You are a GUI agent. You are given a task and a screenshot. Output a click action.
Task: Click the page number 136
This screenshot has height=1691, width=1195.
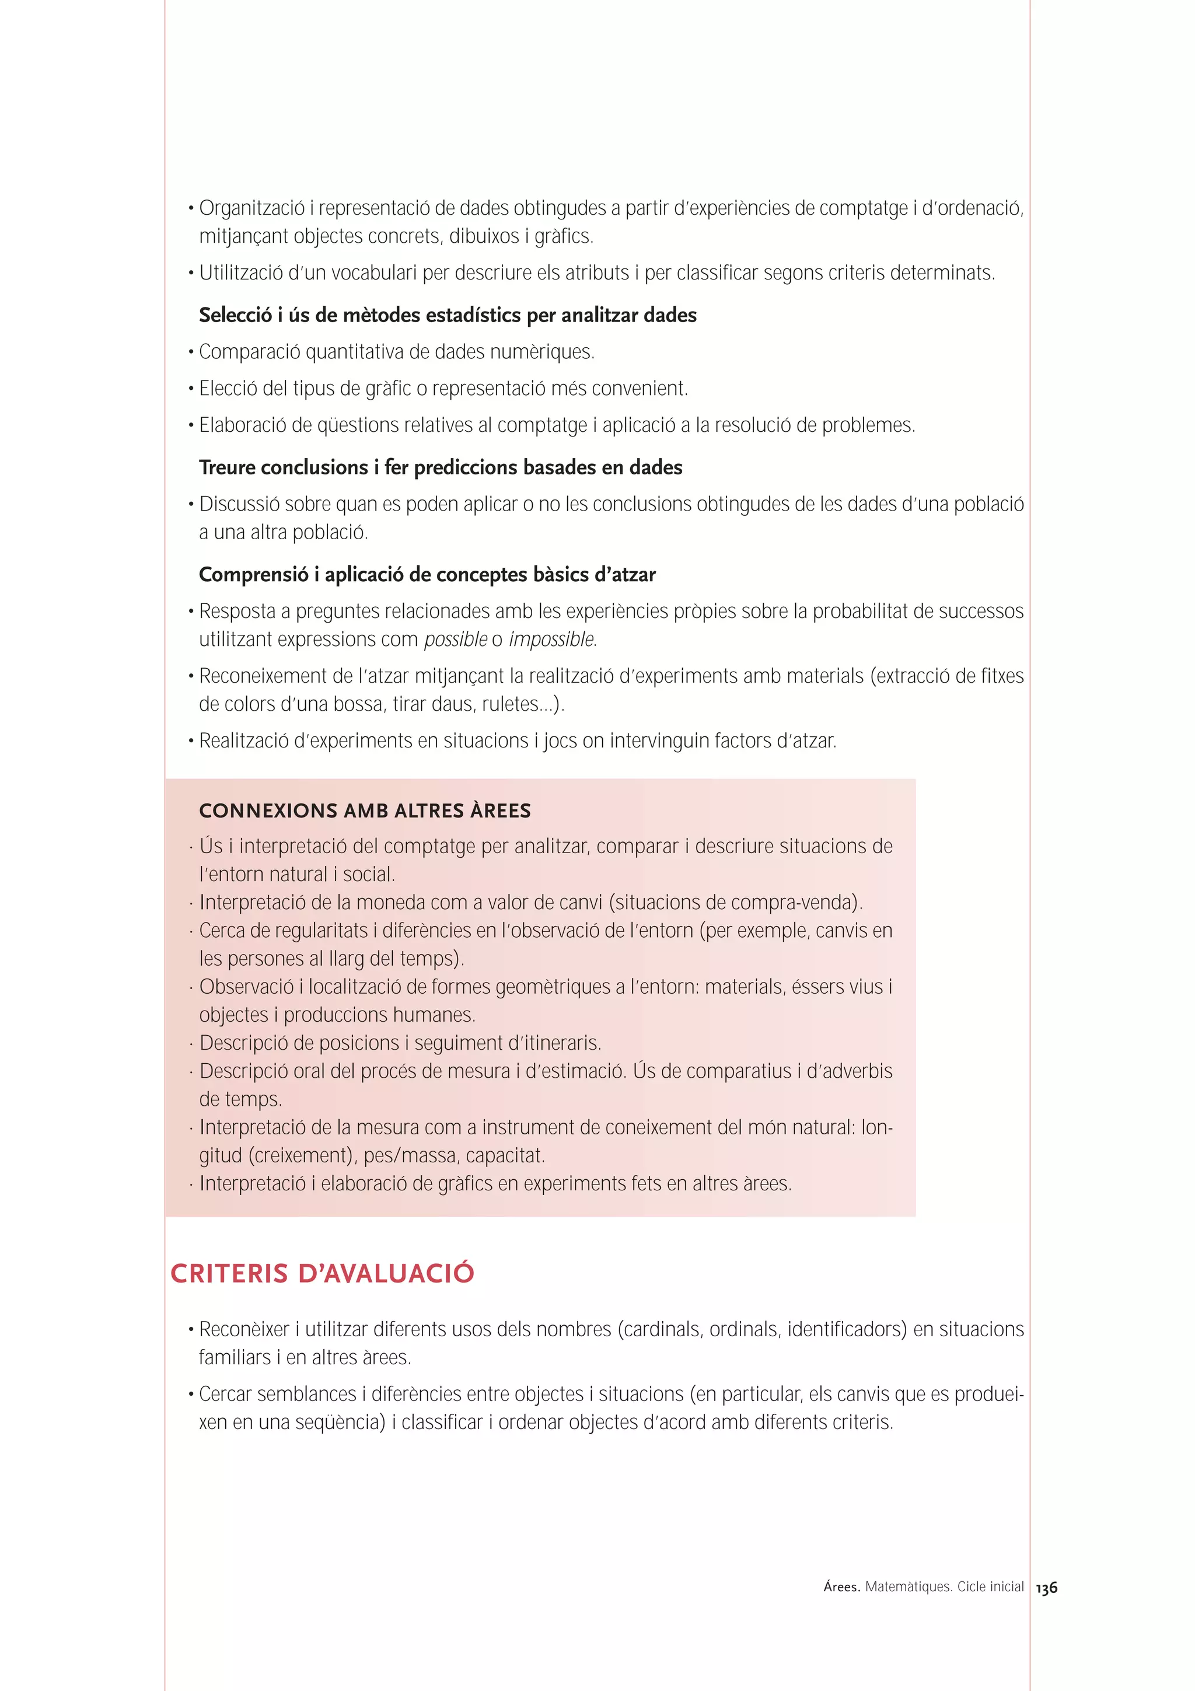[1046, 1588]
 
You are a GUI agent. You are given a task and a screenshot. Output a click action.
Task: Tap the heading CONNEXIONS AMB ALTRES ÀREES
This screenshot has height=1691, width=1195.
[365, 811]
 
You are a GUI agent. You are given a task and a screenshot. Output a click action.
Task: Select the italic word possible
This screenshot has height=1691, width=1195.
[456, 640]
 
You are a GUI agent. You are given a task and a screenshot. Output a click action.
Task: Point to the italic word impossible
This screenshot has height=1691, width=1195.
[551, 640]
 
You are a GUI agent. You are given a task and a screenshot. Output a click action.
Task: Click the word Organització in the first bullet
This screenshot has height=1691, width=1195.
[252, 208]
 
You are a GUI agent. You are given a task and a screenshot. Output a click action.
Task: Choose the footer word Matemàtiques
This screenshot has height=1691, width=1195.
[908, 1587]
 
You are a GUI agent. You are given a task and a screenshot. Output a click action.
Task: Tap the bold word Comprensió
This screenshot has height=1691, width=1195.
[253, 575]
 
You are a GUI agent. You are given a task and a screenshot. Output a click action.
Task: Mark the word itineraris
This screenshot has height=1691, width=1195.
[562, 1043]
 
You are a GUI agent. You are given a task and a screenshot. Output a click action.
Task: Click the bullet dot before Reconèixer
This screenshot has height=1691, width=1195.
[191, 1330]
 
